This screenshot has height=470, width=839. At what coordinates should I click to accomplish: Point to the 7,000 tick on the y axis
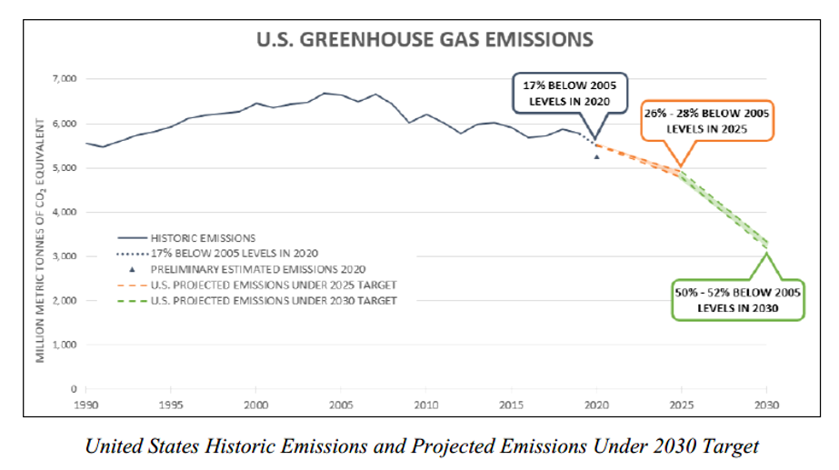point(65,79)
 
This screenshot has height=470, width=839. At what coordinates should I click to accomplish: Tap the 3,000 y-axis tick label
point(65,256)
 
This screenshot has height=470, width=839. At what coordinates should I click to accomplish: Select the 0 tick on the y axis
point(74,389)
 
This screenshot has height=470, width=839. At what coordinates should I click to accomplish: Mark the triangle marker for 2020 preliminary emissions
point(596,156)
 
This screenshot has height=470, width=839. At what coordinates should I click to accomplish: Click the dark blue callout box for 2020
point(570,93)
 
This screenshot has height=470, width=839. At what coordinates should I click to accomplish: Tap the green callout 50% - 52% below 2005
point(737,299)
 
